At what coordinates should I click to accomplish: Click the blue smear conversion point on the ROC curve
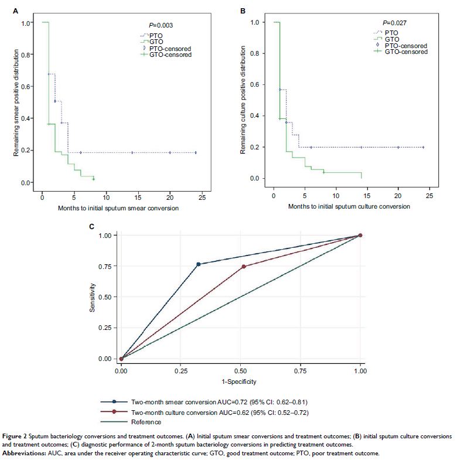[x=198, y=264]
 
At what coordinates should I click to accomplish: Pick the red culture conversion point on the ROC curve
[x=244, y=267]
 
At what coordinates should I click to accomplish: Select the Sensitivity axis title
[x=93, y=296]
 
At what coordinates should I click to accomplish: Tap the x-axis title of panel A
[x=118, y=208]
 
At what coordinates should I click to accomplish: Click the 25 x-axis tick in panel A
[x=202, y=195]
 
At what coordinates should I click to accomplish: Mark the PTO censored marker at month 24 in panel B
[x=423, y=147]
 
